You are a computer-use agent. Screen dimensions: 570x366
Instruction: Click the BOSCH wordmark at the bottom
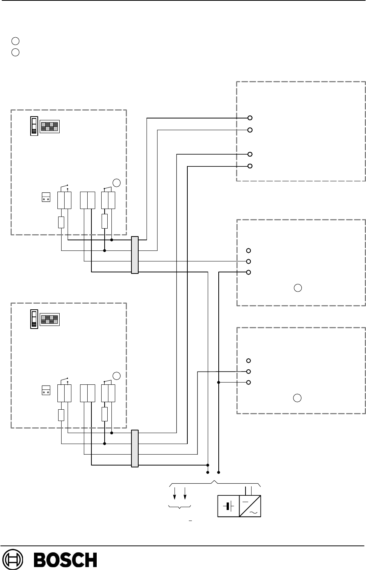coord(66,560)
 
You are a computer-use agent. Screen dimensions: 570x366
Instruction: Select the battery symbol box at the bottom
coord(229,506)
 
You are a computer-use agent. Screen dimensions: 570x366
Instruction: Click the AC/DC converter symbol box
coord(250,506)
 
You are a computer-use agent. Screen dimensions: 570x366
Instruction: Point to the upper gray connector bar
coord(135,255)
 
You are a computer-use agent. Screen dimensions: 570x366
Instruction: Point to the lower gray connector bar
coord(135,448)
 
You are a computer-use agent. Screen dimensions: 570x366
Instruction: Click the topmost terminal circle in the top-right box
coord(250,118)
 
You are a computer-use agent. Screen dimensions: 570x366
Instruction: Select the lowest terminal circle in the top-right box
coord(250,166)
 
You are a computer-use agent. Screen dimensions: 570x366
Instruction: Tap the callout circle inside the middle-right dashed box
coord(298,288)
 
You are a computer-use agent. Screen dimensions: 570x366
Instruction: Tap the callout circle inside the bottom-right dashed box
coord(298,398)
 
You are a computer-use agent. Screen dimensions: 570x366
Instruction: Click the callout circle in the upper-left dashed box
coord(117,183)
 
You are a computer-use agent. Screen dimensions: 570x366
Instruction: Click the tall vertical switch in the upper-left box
coord(34,126)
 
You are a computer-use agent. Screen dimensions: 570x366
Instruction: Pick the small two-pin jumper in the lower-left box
coord(46,390)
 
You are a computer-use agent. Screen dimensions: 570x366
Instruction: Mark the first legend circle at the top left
coord(15,41)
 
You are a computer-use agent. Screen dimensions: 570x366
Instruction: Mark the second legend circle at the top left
coord(15,52)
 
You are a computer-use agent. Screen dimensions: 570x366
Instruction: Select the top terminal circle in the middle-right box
coord(249,250)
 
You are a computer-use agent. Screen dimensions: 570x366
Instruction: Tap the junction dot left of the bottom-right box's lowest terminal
coord(219,382)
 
